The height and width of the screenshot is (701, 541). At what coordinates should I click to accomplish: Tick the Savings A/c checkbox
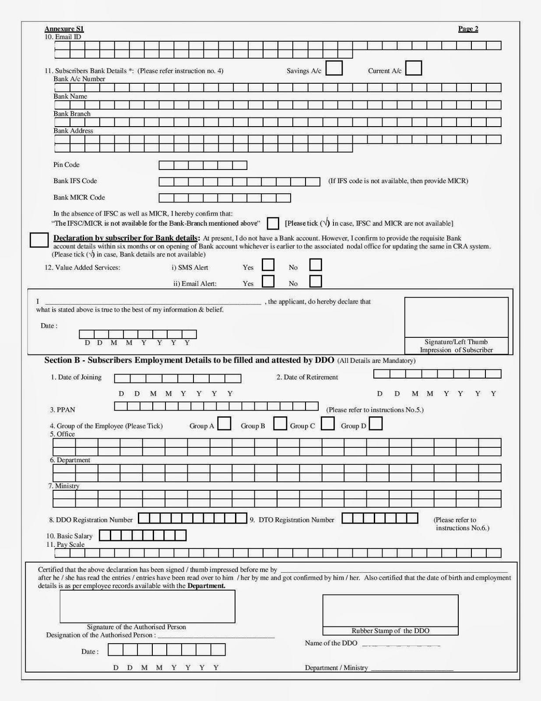pyautogui.click(x=334, y=68)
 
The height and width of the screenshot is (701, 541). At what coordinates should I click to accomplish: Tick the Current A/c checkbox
pyautogui.click(x=414, y=68)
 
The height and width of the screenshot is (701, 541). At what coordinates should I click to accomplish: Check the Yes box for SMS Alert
pyautogui.click(x=268, y=265)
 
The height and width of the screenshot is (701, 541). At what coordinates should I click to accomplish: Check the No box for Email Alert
pyautogui.click(x=316, y=281)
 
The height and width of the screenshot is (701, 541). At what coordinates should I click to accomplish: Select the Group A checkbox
pyautogui.click(x=224, y=424)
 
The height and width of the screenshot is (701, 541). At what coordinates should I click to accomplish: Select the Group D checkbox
pyautogui.click(x=376, y=424)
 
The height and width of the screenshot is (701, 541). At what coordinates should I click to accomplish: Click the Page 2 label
pyautogui.click(x=468, y=29)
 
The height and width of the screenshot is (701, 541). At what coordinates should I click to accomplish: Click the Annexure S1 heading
pyautogui.click(x=64, y=29)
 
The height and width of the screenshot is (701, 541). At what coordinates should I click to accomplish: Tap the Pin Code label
pyautogui.click(x=67, y=165)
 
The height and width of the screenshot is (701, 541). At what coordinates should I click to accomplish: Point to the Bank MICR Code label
pyautogui.click(x=79, y=198)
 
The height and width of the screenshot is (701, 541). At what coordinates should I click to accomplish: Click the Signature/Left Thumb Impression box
pyautogui.click(x=456, y=318)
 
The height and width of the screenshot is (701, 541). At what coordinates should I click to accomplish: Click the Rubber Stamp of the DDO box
pyautogui.click(x=390, y=611)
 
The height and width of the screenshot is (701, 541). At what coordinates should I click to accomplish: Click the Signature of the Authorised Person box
pyautogui.click(x=147, y=606)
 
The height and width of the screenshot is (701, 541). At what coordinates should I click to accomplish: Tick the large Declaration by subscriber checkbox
pyautogui.click(x=39, y=240)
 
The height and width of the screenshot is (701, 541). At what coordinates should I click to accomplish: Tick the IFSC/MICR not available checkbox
pyautogui.click(x=273, y=223)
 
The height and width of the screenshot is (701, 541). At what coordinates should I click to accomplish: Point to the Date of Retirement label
pyautogui.click(x=307, y=377)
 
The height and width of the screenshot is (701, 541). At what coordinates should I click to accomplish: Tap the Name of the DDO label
pyautogui.click(x=331, y=643)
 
